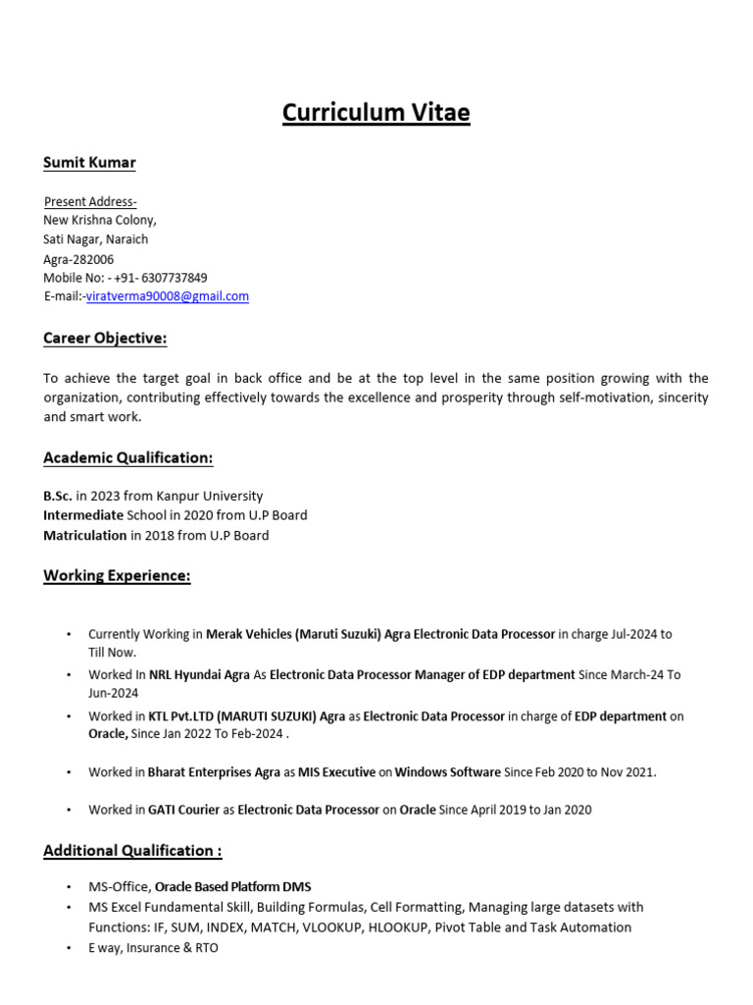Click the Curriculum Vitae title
click(x=376, y=113)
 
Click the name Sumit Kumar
click(x=89, y=162)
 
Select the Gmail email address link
click(x=167, y=295)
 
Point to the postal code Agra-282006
click(x=78, y=259)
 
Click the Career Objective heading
click(x=105, y=339)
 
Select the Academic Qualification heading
click(x=127, y=457)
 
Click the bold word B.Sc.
click(x=57, y=496)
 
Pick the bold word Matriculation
click(x=85, y=535)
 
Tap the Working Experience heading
click(x=117, y=575)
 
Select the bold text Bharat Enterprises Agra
click(x=214, y=772)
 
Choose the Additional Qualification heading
click(x=132, y=850)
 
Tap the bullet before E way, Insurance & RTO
click(x=68, y=948)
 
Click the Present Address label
click(x=90, y=201)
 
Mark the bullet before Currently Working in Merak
click(x=68, y=635)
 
